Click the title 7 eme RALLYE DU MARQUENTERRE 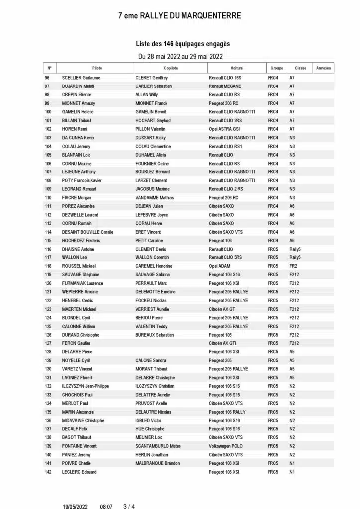coord(180,16)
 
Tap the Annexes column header coord(324,68)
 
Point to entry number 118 coord(48,266)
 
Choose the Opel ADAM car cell coord(221,266)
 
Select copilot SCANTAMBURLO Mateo coord(158,446)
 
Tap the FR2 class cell coord(293,266)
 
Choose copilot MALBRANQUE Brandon coord(157,463)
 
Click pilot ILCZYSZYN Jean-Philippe coord(85,386)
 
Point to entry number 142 coord(48,472)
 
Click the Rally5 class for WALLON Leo coord(295,257)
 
